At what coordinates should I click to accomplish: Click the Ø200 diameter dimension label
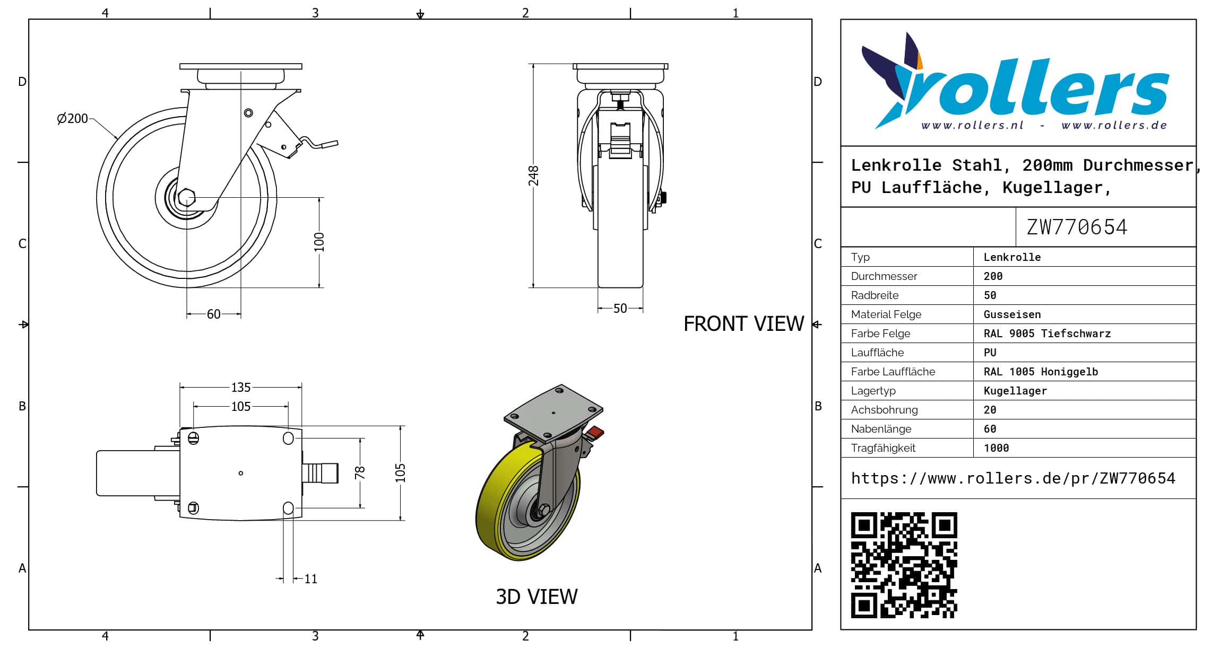pos(73,118)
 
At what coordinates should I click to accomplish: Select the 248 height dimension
pos(533,176)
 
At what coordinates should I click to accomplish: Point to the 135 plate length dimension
pos(240,388)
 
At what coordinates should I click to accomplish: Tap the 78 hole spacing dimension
pos(360,472)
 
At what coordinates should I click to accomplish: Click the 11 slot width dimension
pos(310,579)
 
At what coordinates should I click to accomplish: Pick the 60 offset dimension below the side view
pos(213,314)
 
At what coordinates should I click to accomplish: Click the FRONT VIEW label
pos(743,324)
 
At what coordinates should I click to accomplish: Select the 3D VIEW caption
pos(536,597)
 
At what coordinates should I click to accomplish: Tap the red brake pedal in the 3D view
pos(595,432)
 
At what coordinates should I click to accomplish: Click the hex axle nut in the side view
pos(186,198)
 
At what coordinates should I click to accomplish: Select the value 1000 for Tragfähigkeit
pos(996,448)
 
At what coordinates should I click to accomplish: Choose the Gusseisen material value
pos(1012,314)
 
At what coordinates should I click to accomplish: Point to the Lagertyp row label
pos(873,391)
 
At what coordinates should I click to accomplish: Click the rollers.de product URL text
pos(1012,478)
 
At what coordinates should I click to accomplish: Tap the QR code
pos(904,565)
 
